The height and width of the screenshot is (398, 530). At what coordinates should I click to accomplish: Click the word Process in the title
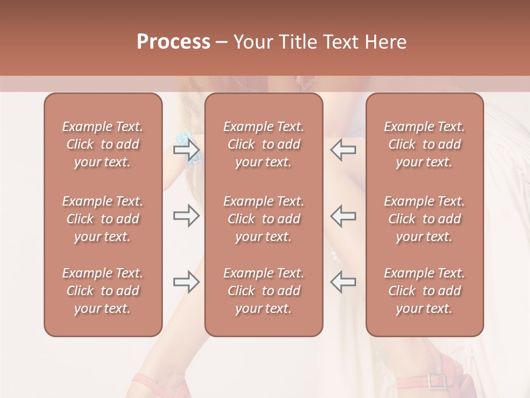point(173,42)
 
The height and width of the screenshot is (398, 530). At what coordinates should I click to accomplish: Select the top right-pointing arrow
point(186,149)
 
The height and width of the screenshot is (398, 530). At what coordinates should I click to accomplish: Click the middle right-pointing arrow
point(186,216)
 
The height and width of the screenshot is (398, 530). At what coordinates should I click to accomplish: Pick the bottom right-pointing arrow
point(186,282)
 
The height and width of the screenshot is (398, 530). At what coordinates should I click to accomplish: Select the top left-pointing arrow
point(343,149)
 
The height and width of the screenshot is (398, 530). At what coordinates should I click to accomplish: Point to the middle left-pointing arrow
point(343,216)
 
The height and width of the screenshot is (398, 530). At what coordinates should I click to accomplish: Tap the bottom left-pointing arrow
point(343,282)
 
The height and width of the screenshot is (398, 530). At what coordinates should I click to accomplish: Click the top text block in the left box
point(103,144)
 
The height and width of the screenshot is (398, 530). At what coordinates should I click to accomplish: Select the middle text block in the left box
point(103,219)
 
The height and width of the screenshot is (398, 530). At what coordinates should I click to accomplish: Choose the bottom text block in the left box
point(103,291)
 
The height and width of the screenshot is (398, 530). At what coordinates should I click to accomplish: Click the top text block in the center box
point(263,144)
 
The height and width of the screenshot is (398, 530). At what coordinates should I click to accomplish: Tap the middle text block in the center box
point(263,219)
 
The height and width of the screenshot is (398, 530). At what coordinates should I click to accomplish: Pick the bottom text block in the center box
point(263,291)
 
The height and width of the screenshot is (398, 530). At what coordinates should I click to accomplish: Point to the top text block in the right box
point(424,144)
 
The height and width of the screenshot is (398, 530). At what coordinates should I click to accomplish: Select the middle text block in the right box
point(424,219)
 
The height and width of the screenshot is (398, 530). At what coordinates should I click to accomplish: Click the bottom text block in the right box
point(424,291)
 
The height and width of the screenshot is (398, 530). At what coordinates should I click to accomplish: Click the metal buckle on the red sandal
point(437,381)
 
